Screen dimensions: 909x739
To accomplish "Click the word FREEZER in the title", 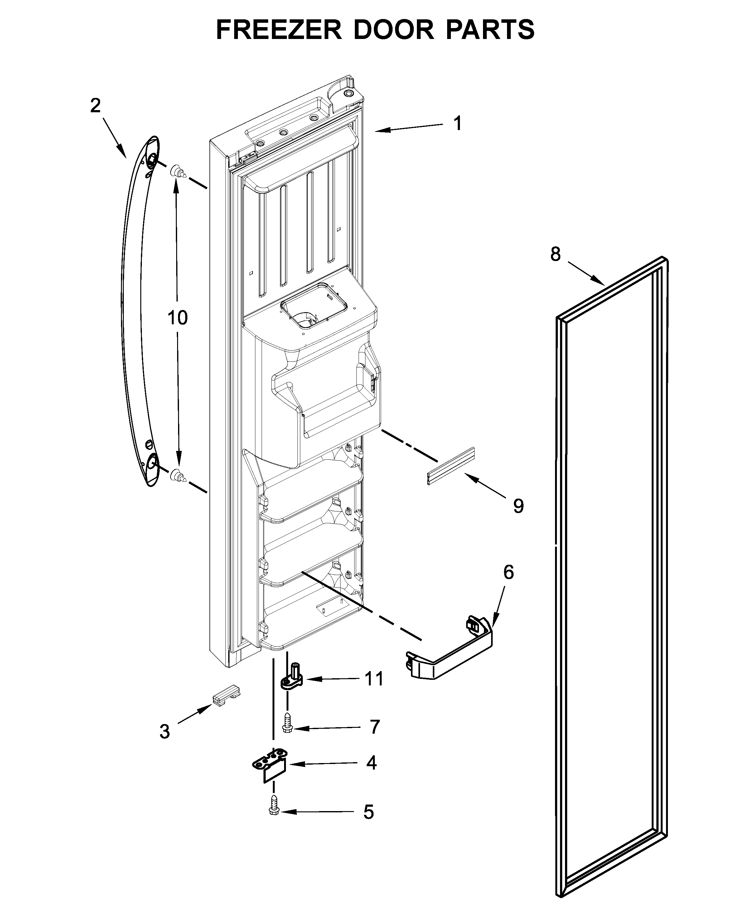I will click(x=279, y=30).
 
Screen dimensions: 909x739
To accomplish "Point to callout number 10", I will click(x=177, y=318).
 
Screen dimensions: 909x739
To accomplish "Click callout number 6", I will click(x=508, y=572).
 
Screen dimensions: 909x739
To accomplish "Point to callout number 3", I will click(x=165, y=732).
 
